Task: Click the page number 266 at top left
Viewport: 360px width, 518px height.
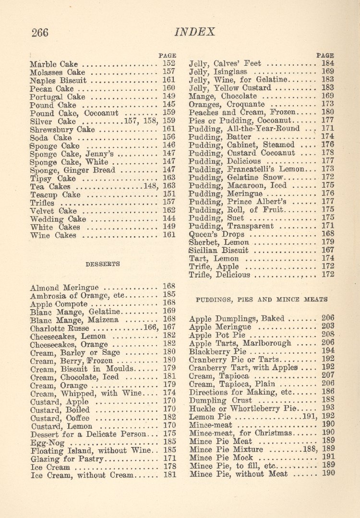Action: click(x=40, y=32)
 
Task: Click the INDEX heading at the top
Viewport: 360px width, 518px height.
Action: click(x=195, y=32)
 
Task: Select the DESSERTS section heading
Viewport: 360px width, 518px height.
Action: click(x=102, y=264)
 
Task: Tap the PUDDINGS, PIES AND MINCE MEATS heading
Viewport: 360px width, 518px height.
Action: click(x=262, y=299)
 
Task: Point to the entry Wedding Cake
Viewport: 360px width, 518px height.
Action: click(x=58, y=219)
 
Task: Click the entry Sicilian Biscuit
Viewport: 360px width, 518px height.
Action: click(x=219, y=250)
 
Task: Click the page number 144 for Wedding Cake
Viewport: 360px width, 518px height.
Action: click(x=168, y=218)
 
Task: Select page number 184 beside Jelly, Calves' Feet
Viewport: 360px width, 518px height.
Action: click(x=328, y=63)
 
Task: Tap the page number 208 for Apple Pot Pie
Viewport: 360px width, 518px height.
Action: click(x=328, y=335)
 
